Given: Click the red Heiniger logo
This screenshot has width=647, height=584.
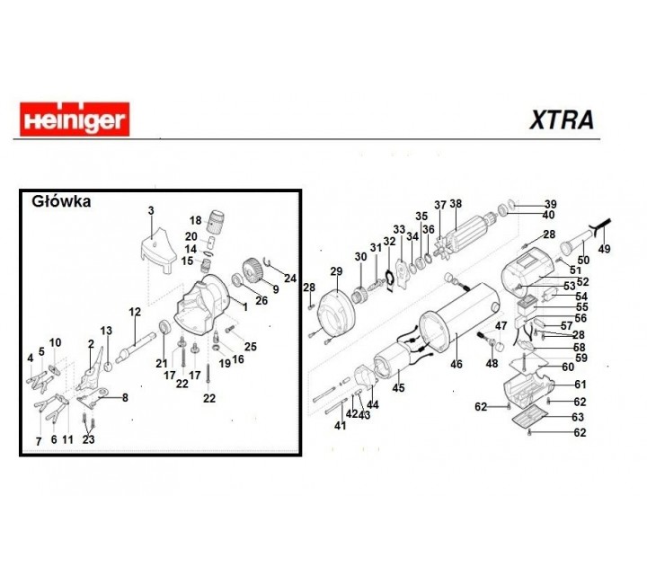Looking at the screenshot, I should click(x=73, y=118).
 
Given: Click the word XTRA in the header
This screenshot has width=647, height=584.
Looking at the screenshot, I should click(x=560, y=119).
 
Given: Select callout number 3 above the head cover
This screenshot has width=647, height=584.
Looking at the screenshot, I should click(x=151, y=210).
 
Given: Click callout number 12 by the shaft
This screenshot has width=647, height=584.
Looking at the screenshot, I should click(x=136, y=312).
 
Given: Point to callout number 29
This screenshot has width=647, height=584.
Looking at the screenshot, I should click(x=337, y=270).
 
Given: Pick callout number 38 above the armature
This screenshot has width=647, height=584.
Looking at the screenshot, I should click(x=456, y=203).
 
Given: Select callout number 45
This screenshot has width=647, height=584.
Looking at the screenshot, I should click(x=399, y=387).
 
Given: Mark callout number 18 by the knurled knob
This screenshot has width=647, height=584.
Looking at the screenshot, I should click(x=196, y=220).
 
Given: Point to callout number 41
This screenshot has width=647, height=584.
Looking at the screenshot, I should click(x=340, y=425).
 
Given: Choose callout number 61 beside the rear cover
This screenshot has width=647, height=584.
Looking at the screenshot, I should click(x=580, y=385).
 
